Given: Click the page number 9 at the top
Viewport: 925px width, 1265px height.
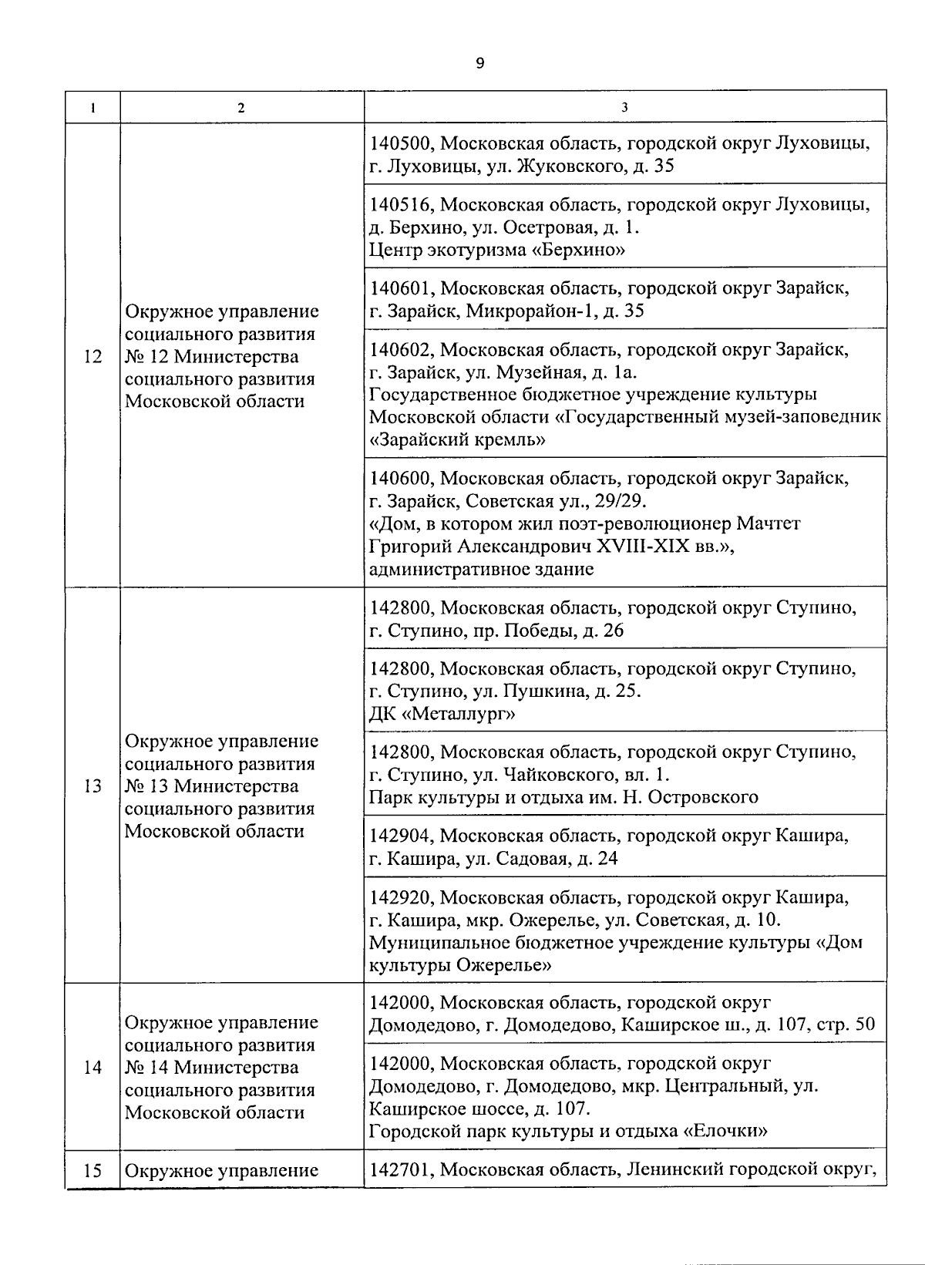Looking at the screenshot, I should click(479, 63).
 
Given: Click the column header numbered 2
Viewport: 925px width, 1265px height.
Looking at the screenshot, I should click(241, 108).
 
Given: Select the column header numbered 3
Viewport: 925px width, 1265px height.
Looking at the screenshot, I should click(624, 108).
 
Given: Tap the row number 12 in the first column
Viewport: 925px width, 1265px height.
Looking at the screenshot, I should click(92, 357).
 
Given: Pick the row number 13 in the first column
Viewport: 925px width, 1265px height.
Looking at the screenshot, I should click(92, 786).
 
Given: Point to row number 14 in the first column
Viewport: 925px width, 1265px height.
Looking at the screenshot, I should click(92, 1068).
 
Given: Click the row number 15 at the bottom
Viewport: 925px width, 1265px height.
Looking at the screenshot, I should click(92, 1171).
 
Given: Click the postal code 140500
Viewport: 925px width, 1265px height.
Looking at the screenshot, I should click(402, 144).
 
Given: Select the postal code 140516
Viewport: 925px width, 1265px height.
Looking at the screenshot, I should click(402, 205).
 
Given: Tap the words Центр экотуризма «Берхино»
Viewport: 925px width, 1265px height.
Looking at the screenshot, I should click(497, 250).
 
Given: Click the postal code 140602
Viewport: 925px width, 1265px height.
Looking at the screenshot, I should click(402, 350).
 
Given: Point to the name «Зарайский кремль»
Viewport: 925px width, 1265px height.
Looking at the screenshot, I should click(458, 440).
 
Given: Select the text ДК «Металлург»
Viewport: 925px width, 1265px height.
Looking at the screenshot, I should click(442, 714).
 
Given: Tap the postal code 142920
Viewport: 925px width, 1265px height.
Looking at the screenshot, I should click(402, 898).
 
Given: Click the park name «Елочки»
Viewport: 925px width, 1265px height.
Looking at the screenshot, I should click(725, 1132).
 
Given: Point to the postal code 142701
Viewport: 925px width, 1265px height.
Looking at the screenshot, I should click(402, 1170).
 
